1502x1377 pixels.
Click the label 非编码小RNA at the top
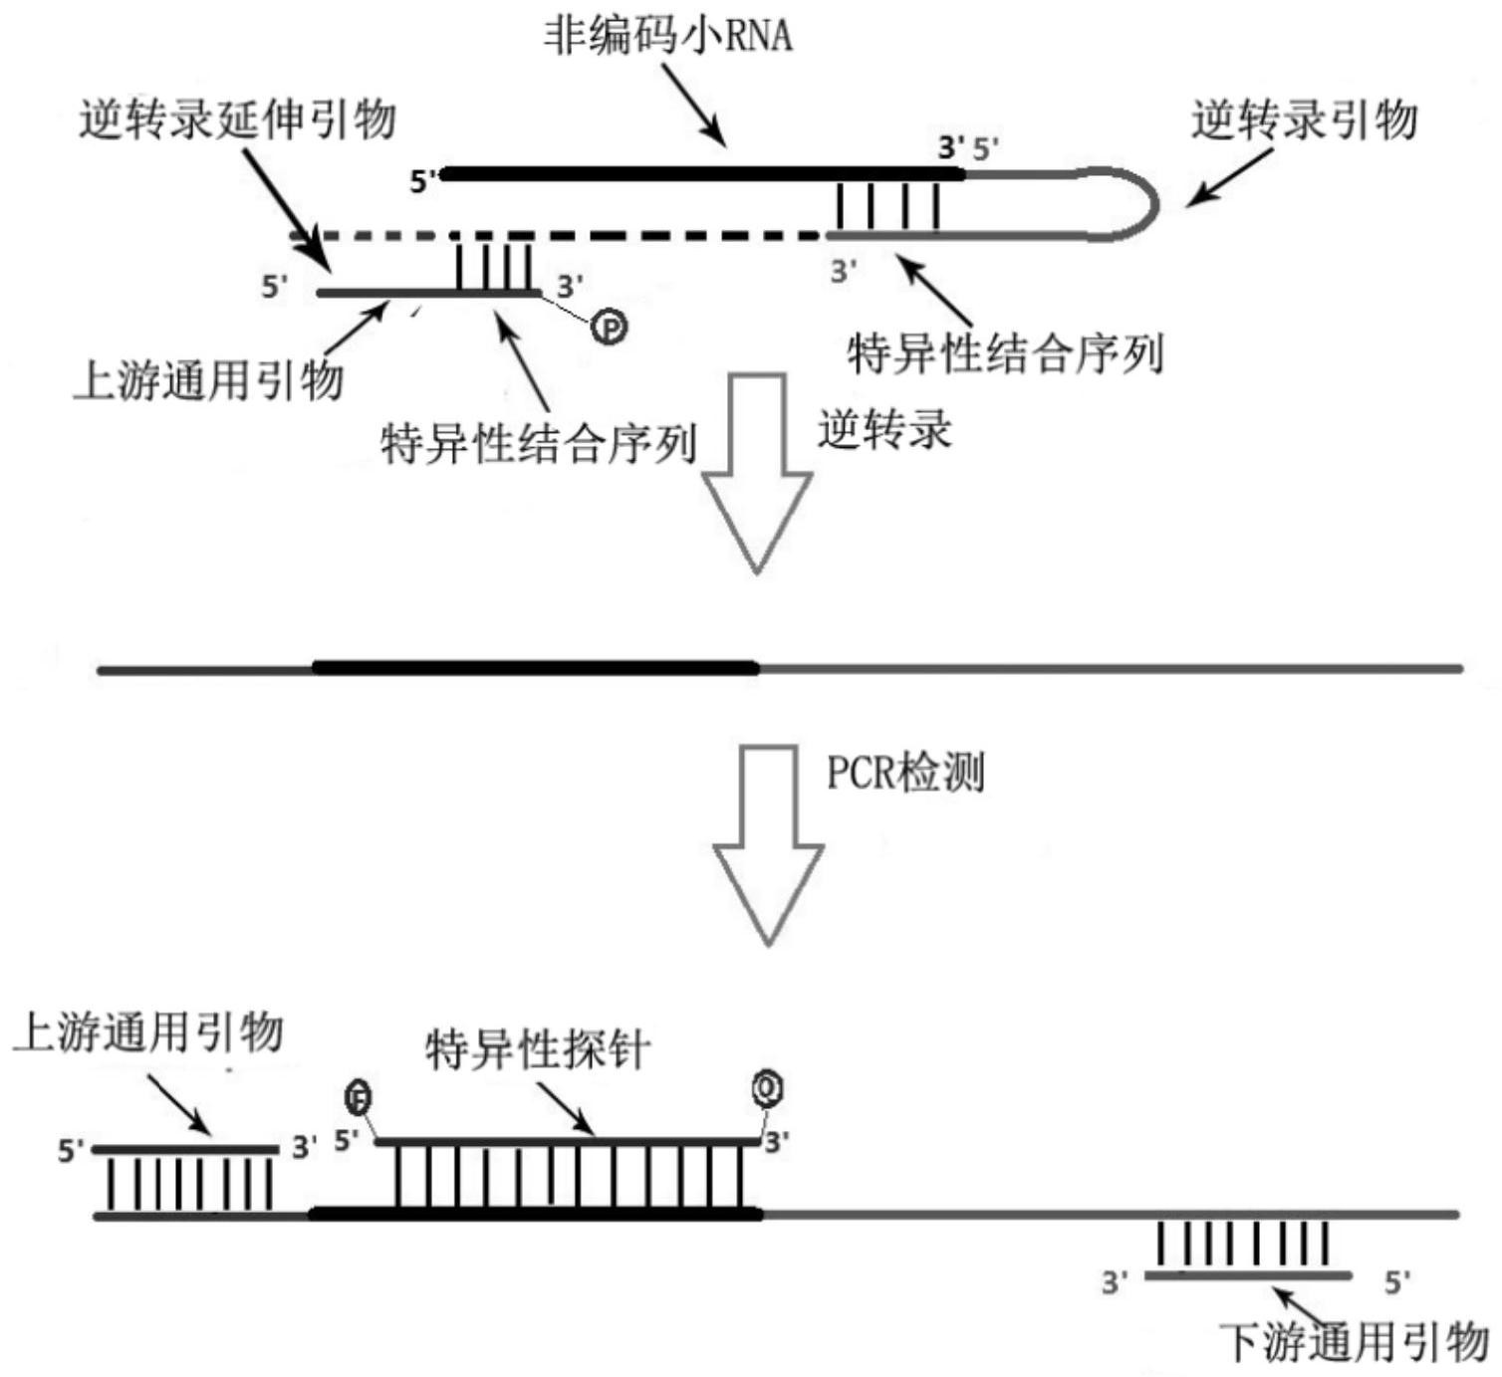click(x=667, y=35)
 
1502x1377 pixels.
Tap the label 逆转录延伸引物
click(x=237, y=120)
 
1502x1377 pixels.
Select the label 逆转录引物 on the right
click(x=1304, y=120)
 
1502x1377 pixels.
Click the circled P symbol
click(x=610, y=326)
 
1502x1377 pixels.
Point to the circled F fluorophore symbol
click(x=359, y=1098)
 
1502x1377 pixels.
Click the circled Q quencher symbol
click(x=767, y=1088)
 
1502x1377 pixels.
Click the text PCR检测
click(x=905, y=773)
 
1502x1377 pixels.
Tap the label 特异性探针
click(x=538, y=1050)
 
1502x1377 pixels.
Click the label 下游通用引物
click(x=1354, y=1342)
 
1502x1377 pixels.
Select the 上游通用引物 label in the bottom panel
click(x=148, y=1033)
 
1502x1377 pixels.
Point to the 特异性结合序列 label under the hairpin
click(x=1005, y=353)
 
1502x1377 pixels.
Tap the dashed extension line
click(x=598, y=237)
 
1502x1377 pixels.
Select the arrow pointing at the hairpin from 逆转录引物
click(x=1229, y=177)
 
